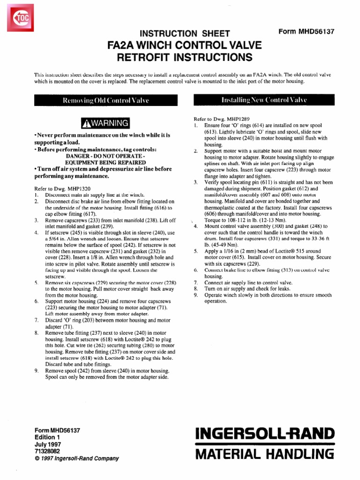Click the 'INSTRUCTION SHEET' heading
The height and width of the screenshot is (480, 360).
tap(182, 33)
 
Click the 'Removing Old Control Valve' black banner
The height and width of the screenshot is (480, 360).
tap(105, 100)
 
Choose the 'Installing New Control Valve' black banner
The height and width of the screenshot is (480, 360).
tap(264, 100)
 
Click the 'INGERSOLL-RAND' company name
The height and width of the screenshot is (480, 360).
tap(264, 433)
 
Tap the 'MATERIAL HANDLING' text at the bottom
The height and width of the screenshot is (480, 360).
tap(264, 454)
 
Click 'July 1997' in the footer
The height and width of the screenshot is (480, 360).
tap(48, 444)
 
